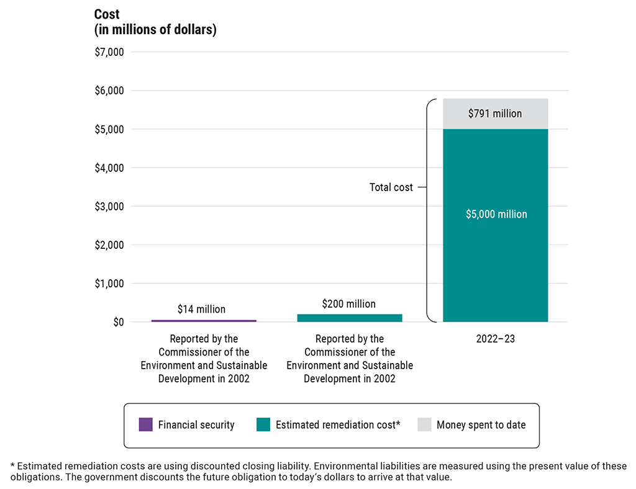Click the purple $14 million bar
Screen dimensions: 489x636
coord(204,321)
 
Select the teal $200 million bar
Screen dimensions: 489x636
coord(350,318)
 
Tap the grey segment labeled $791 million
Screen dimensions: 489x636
coord(496,114)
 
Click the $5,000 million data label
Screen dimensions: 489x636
coord(496,214)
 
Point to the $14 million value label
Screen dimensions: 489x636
coord(201,309)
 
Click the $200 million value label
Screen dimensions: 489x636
coord(348,304)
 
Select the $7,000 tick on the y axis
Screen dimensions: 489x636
coord(109,52)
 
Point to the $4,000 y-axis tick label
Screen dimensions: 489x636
coord(109,168)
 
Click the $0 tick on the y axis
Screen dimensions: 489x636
coord(118,322)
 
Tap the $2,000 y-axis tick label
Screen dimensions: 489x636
coord(109,245)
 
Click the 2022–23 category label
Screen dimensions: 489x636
coord(496,339)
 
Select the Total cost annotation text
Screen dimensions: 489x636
coord(391,187)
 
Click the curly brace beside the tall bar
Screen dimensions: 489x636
coord(429,211)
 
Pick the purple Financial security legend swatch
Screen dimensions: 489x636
coord(145,425)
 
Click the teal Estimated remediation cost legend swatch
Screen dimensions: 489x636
coord(263,425)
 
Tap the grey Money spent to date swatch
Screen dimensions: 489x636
coord(424,425)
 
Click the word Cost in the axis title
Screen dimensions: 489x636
coord(107,14)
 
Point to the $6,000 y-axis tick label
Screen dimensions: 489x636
coord(109,91)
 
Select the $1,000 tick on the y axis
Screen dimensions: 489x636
coord(109,284)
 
